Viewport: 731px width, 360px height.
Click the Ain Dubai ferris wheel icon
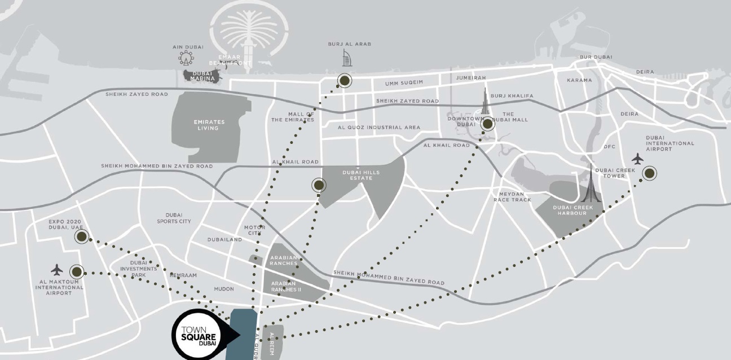[186, 58]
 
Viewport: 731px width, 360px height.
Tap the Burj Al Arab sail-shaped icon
[347, 58]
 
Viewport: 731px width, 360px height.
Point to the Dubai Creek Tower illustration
[591, 186]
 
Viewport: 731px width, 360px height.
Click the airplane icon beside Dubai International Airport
[637, 159]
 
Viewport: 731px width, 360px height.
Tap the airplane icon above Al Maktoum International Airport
[56, 269]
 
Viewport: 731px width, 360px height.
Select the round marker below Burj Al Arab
[344, 81]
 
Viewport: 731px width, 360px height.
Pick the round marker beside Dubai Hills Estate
[319, 185]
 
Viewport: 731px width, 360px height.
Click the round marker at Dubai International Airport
[650, 173]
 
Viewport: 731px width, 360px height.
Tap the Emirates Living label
[209, 125]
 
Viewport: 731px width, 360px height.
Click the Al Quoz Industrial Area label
[379, 128]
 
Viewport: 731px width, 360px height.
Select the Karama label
[579, 80]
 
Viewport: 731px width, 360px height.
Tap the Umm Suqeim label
[404, 84]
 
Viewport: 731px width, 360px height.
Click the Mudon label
[224, 288]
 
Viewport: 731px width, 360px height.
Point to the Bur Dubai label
[596, 58]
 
